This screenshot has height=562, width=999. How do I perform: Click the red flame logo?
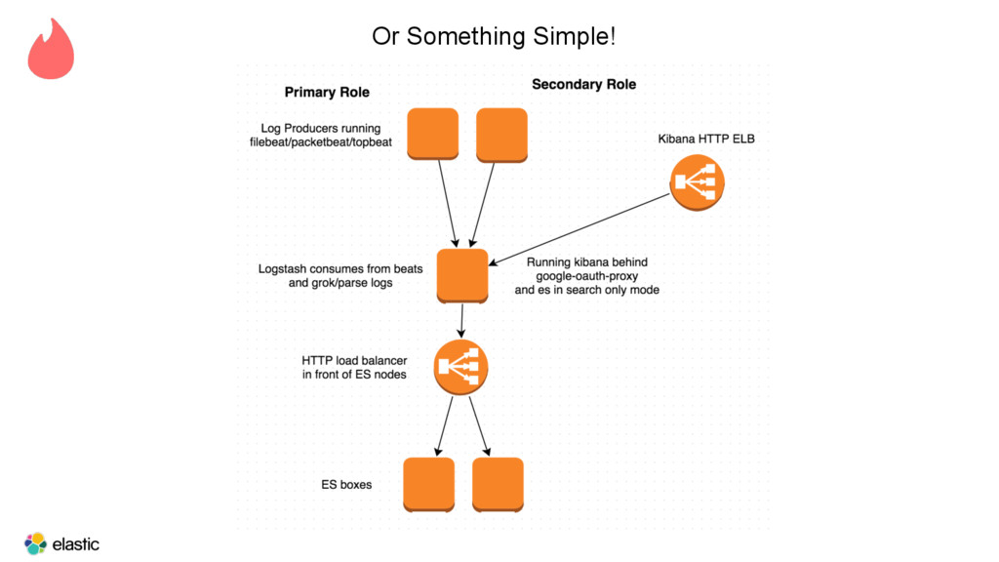pyautogui.click(x=51, y=50)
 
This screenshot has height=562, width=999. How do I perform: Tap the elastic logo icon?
pyautogui.click(x=36, y=543)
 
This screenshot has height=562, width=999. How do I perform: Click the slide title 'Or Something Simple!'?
pyautogui.click(x=494, y=36)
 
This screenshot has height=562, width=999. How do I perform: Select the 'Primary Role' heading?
pyautogui.click(x=327, y=93)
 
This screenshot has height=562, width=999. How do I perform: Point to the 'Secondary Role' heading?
pyautogui.click(x=583, y=85)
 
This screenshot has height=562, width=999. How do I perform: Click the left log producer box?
pyautogui.click(x=432, y=134)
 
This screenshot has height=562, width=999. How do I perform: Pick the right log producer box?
pyautogui.click(x=502, y=135)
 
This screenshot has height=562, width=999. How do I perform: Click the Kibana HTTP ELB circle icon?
pyautogui.click(x=697, y=182)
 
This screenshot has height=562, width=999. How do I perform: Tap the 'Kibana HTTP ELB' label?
pyautogui.click(x=706, y=139)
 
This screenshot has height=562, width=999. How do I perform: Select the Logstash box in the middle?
pyautogui.click(x=462, y=276)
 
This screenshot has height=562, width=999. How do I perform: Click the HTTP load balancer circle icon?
pyautogui.click(x=460, y=368)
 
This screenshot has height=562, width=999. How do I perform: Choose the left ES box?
pyautogui.click(x=429, y=484)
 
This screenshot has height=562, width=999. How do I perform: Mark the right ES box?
pyautogui.click(x=499, y=484)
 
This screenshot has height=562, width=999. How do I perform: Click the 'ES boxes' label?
pyautogui.click(x=346, y=485)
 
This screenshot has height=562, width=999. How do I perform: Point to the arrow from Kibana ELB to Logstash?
pyautogui.click(x=579, y=229)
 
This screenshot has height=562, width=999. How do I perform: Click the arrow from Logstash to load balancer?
pyautogui.click(x=461, y=321)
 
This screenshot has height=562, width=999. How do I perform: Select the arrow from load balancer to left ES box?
pyautogui.click(x=444, y=426)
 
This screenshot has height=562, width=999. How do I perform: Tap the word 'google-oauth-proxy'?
pyautogui.click(x=586, y=276)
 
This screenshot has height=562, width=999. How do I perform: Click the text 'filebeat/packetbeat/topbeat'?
pyautogui.click(x=320, y=142)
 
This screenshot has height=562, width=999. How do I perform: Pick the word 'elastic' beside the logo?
pyautogui.click(x=76, y=544)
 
